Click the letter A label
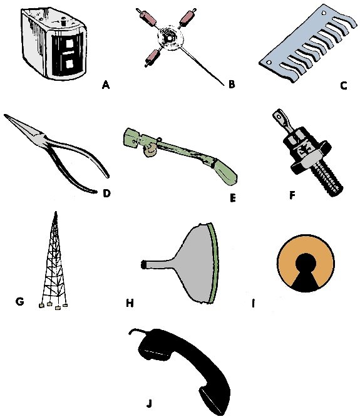click(106, 85)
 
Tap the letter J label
click(149, 403)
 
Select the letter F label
click(292, 195)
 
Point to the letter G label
click(20, 301)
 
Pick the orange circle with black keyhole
click(306, 264)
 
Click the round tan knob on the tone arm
click(150, 150)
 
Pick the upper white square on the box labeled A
click(69, 44)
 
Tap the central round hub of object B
click(169, 38)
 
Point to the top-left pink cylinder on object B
click(148, 17)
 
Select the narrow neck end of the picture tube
click(143, 264)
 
